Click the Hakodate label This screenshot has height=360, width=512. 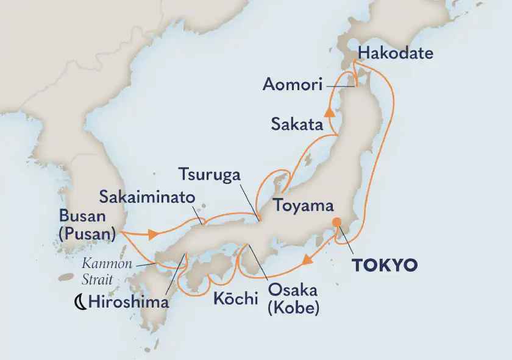click(x=396, y=54)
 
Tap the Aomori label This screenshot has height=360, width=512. click(x=292, y=85)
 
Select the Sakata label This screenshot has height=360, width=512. click(x=297, y=125)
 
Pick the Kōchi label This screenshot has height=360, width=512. click(x=236, y=299)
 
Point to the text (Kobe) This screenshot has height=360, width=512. click(x=293, y=308)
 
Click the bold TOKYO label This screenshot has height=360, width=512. click(x=385, y=265)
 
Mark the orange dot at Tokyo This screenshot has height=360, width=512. click(x=335, y=222)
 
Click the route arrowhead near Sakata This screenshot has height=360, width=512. click(x=330, y=111)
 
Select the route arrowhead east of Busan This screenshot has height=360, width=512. click(x=152, y=233)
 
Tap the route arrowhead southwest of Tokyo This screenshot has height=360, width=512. click(x=308, y=260)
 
